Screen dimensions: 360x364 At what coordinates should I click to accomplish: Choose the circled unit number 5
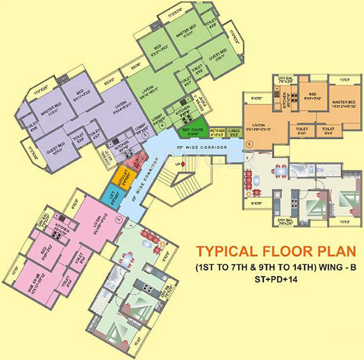coord(249,143)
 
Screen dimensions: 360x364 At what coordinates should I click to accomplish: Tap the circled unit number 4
coord(162,126)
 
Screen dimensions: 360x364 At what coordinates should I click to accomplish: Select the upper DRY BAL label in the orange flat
coord(285,79)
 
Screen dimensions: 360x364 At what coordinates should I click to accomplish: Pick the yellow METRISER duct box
coord(216,132)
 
